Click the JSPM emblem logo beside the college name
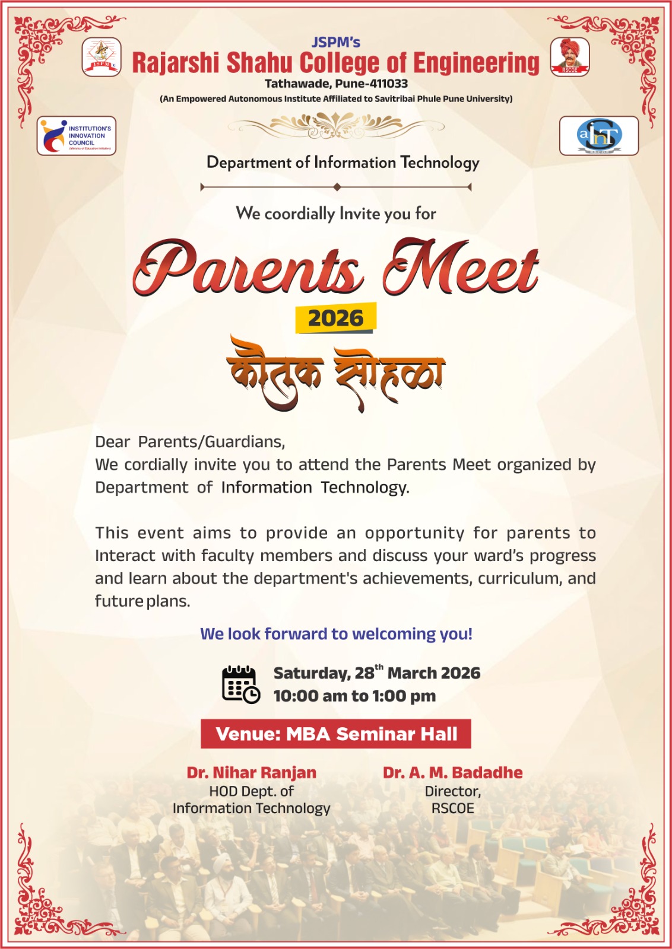102,57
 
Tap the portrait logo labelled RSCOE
570,56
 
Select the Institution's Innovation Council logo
77,136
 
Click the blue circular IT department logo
599,136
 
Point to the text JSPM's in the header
336,42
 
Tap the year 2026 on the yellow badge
335,319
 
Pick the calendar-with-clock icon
240,684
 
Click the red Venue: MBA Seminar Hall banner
336,734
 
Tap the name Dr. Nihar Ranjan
252,772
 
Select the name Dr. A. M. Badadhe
452,772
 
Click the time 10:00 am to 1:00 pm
354,696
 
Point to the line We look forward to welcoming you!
336,634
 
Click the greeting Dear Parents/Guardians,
190,442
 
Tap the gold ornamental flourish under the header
336,125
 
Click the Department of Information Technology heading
343,163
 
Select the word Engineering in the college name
476,63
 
